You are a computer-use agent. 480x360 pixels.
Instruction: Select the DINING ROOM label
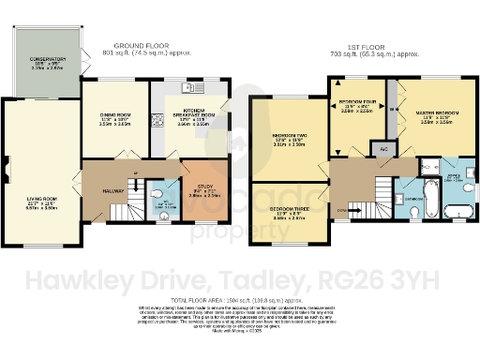(x=113, y=117)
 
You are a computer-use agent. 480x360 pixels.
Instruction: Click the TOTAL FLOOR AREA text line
(x=240, y=298)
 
